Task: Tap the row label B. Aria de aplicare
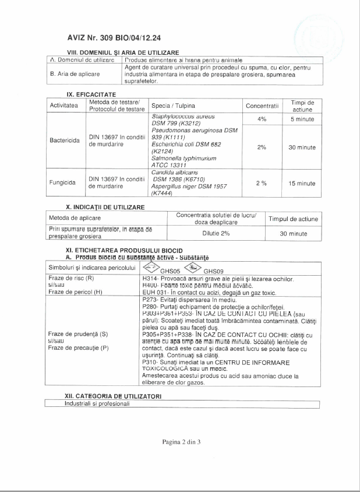click(75, 74)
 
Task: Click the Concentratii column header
click(262, 106)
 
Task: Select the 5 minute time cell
click(302, 119)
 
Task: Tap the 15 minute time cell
click(302, 183)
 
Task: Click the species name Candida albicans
click(172, 172)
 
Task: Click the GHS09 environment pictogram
click(192, 268)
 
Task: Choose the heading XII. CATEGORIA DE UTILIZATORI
click(113, 396)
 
